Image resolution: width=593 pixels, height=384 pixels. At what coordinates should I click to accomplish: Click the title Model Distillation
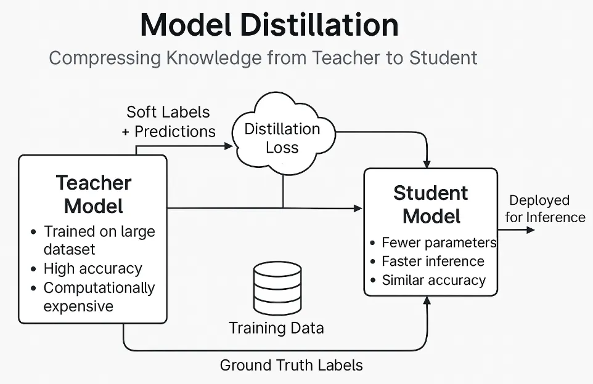tap(269, 26)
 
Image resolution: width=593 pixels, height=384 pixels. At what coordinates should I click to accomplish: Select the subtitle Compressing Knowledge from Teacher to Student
tap(263, 58)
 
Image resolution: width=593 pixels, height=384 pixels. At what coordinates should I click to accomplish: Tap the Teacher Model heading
tap(94, 194)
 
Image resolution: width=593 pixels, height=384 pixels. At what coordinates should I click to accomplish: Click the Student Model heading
tap(430, 204)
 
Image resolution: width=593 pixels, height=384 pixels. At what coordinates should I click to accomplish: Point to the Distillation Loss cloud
tap(282, 138)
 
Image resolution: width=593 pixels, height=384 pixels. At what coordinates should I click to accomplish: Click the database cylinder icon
tap(277, 288)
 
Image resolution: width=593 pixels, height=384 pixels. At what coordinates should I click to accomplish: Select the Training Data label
tap(276, 328)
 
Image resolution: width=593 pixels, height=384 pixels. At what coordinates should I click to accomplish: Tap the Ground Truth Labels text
tap(291, 365)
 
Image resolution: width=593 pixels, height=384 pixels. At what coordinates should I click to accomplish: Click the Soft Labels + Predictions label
tap(168, 122)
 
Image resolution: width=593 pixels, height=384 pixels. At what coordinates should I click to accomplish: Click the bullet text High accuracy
tap(92, 269)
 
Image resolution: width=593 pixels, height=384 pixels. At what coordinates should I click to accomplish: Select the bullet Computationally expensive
tap(99, 297)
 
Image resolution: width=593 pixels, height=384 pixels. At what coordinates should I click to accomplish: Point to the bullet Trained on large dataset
tap(99, 241)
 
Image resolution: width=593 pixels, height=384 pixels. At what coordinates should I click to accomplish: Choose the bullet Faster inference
tap(433, 262)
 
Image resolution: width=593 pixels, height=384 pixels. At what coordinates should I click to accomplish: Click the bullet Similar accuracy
tap(433, 281)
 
